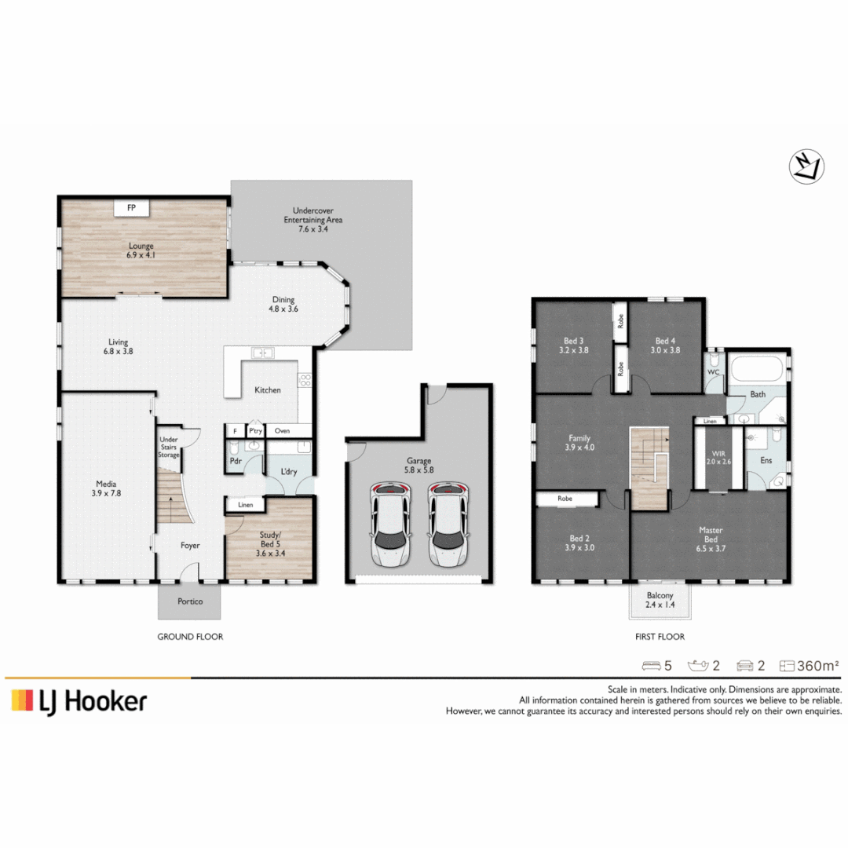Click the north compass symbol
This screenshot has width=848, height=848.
click(x=806, y=166)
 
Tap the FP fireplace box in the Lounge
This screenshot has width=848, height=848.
click(x=131, y=207)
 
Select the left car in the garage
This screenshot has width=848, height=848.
click(x=389, y=525)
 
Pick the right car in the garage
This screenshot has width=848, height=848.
click(x=449, y=525)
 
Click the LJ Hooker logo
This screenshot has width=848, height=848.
click(x=79, y=701)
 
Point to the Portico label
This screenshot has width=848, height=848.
click(x=190, y=601)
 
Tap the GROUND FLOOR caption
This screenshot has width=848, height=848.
click(x=190, y=637)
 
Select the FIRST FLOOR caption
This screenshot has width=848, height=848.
click(x=660, y=637)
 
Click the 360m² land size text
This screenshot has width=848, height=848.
click(x=817, y=666)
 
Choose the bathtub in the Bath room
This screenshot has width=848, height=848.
click(x=757, y=369)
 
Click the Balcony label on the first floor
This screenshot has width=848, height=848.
click(x=660, y=595)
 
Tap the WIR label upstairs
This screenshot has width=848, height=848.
click(x=718, y=454)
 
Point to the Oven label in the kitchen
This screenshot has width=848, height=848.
click(x=282, y=431)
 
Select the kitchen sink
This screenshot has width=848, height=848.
click(x=262, y=353)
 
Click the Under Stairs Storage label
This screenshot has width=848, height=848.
click(x=168, y=448)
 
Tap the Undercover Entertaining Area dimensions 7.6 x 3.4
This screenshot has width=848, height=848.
click(x=313, y=228)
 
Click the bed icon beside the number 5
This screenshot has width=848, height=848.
click(x=651, y=666)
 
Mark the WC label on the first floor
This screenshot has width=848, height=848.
click(x=713, y=372)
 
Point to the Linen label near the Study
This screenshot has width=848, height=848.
click(x=245, y=505)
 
